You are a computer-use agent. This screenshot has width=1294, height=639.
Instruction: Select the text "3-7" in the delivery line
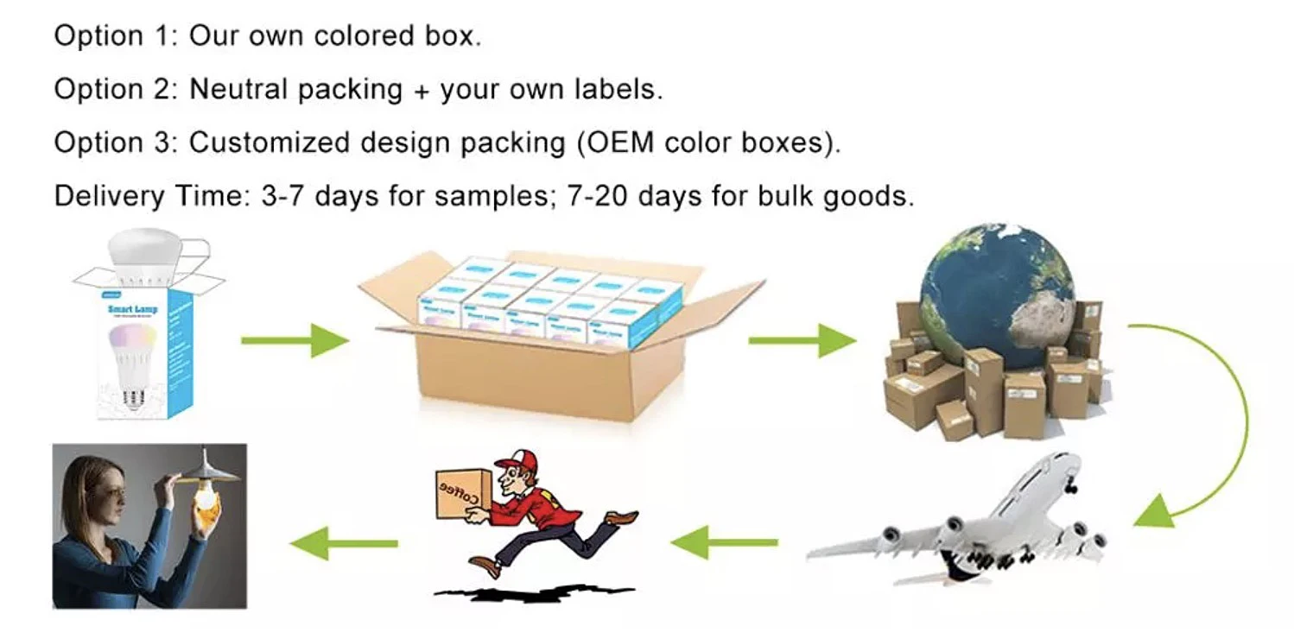[282, 196]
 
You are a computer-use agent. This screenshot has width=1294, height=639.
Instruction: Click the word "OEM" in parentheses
[624, 142]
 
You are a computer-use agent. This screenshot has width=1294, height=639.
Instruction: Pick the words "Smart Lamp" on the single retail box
[132, 308]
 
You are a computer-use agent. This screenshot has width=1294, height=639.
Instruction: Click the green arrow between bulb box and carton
[294, 340]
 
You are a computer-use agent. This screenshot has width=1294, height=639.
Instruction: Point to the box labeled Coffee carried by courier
[462, 494]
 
